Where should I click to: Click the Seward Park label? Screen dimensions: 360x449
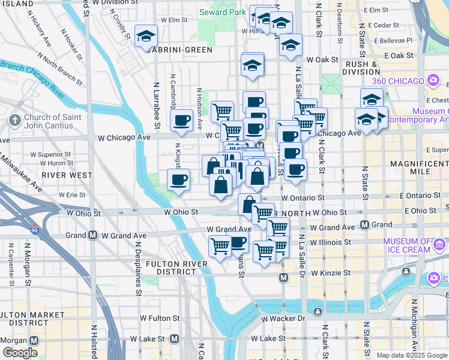pyautogui.click(x=222, y=12)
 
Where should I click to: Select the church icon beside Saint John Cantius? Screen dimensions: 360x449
pyautogui.click(x=15, y=121)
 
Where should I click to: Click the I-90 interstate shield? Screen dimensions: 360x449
pyautogui.click(x=33, y=230)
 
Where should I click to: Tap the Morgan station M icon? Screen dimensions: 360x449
pyautogui.click(x=33, y=340)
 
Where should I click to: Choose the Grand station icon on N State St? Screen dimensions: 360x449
pyautogui.click(x=364, y=225)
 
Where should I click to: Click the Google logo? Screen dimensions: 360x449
pyautogui.click(x=20, y=353)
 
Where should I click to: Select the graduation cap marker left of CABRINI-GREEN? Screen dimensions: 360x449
pyautogui.click(x=146, y=37)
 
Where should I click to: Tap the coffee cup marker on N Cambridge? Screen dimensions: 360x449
pyautogui.click(x=181, y=121)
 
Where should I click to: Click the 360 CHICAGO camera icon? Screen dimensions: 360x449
pyautogui.click(x=433, y=80)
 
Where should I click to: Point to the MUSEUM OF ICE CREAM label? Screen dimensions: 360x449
pyautogui.click(x=408, y=245)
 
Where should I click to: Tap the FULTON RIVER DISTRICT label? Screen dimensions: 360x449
pyautogui.click(x=160, y=268)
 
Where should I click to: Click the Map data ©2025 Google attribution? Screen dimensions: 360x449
pyautogui.click(x=412, y=355)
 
